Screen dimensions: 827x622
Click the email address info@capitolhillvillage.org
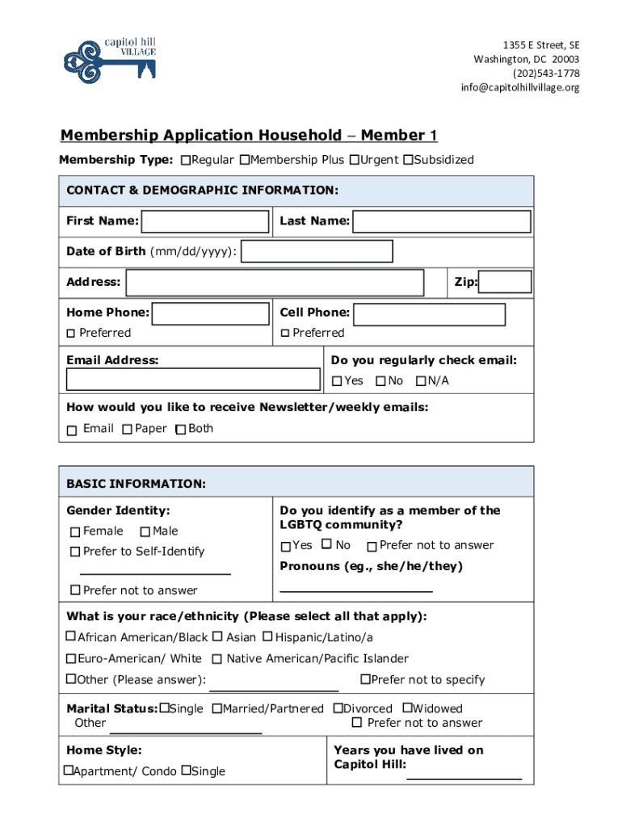tap(520, 87)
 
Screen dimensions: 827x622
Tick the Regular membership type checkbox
tap(187, 160)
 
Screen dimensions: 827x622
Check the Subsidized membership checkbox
tap(408, 160)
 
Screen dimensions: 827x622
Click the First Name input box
tap(205, 221)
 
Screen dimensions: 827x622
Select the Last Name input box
tap(442, 221)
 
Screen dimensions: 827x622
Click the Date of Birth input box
tap(317, 252)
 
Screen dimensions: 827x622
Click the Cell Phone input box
tap(429, 314)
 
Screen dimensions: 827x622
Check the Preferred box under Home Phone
tap(71, 334)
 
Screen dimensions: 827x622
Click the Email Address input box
tap(193, 380)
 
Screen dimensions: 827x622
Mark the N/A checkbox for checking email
tap(421, 381)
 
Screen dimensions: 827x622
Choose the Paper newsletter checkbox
tap(127, 430)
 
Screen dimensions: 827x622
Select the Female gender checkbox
tap(75, 532)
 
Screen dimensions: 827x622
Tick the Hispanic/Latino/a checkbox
tap(267, 637)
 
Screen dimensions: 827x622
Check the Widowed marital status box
tap(407, 708)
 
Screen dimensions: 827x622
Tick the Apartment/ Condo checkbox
tap(69, 770)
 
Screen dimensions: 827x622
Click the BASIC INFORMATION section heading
tap(136, 484)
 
